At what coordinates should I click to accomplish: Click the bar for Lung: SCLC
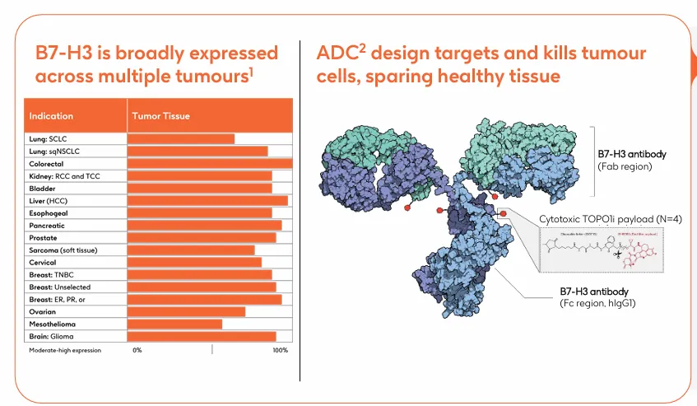pos(181,139)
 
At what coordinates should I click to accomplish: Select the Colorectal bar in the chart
pos(210,164)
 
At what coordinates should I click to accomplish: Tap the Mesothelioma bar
pos(175,324)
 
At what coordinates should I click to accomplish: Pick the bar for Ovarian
pos(187,312)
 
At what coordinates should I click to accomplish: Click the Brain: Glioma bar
pos(202,337)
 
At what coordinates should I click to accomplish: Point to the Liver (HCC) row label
pos(49,201)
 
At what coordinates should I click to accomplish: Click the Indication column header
pos(51,116)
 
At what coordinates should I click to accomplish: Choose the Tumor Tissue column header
pos(160,116)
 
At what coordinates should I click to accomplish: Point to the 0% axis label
pos(137,351)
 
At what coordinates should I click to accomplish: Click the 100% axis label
pos(280,351)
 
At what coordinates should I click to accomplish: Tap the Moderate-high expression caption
pos(65,351)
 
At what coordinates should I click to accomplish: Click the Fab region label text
pos(625,166)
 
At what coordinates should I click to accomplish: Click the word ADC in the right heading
pos(337,54)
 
